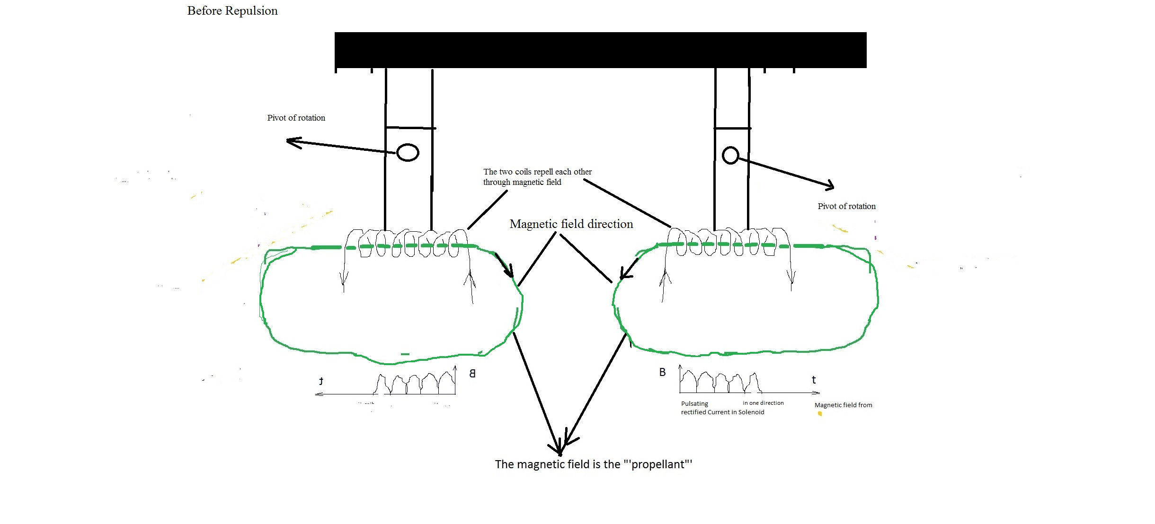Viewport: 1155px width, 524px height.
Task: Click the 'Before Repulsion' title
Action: click(x=232, y=11)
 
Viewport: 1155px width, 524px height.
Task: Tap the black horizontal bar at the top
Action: click(x=600, y=50)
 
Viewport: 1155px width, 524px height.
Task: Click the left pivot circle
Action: click(x=408, y=152)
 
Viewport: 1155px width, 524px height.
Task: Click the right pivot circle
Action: click(x=730, y=155)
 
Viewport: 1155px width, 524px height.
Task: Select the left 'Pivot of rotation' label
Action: click(x=296, y=118)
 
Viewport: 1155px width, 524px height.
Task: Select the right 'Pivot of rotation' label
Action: click(x=846, y=206)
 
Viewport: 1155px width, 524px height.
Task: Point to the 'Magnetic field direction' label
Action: click(x=571, y=224)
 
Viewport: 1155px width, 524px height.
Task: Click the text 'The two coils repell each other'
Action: click(x=537, y=172)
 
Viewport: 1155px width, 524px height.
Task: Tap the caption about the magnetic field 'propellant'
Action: click(x=594, y=464)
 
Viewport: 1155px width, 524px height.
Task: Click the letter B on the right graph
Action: click(x=662, y=372)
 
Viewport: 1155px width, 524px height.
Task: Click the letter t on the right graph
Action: click(x=814, y=379)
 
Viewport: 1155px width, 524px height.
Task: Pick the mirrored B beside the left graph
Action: click(x=472, y=373)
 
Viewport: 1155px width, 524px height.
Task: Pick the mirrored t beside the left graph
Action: click(x=321, y=381)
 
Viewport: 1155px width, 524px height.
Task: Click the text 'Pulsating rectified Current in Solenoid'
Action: click(x=722, y=408)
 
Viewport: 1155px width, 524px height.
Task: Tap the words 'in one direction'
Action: click(x=763, y=403)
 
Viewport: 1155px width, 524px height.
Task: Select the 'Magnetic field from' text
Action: click(x=843, y=405)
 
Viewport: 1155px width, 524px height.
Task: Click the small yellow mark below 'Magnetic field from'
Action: click(x=820, y=414)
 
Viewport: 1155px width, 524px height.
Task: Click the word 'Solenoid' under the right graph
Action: click(x=751, y=412)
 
